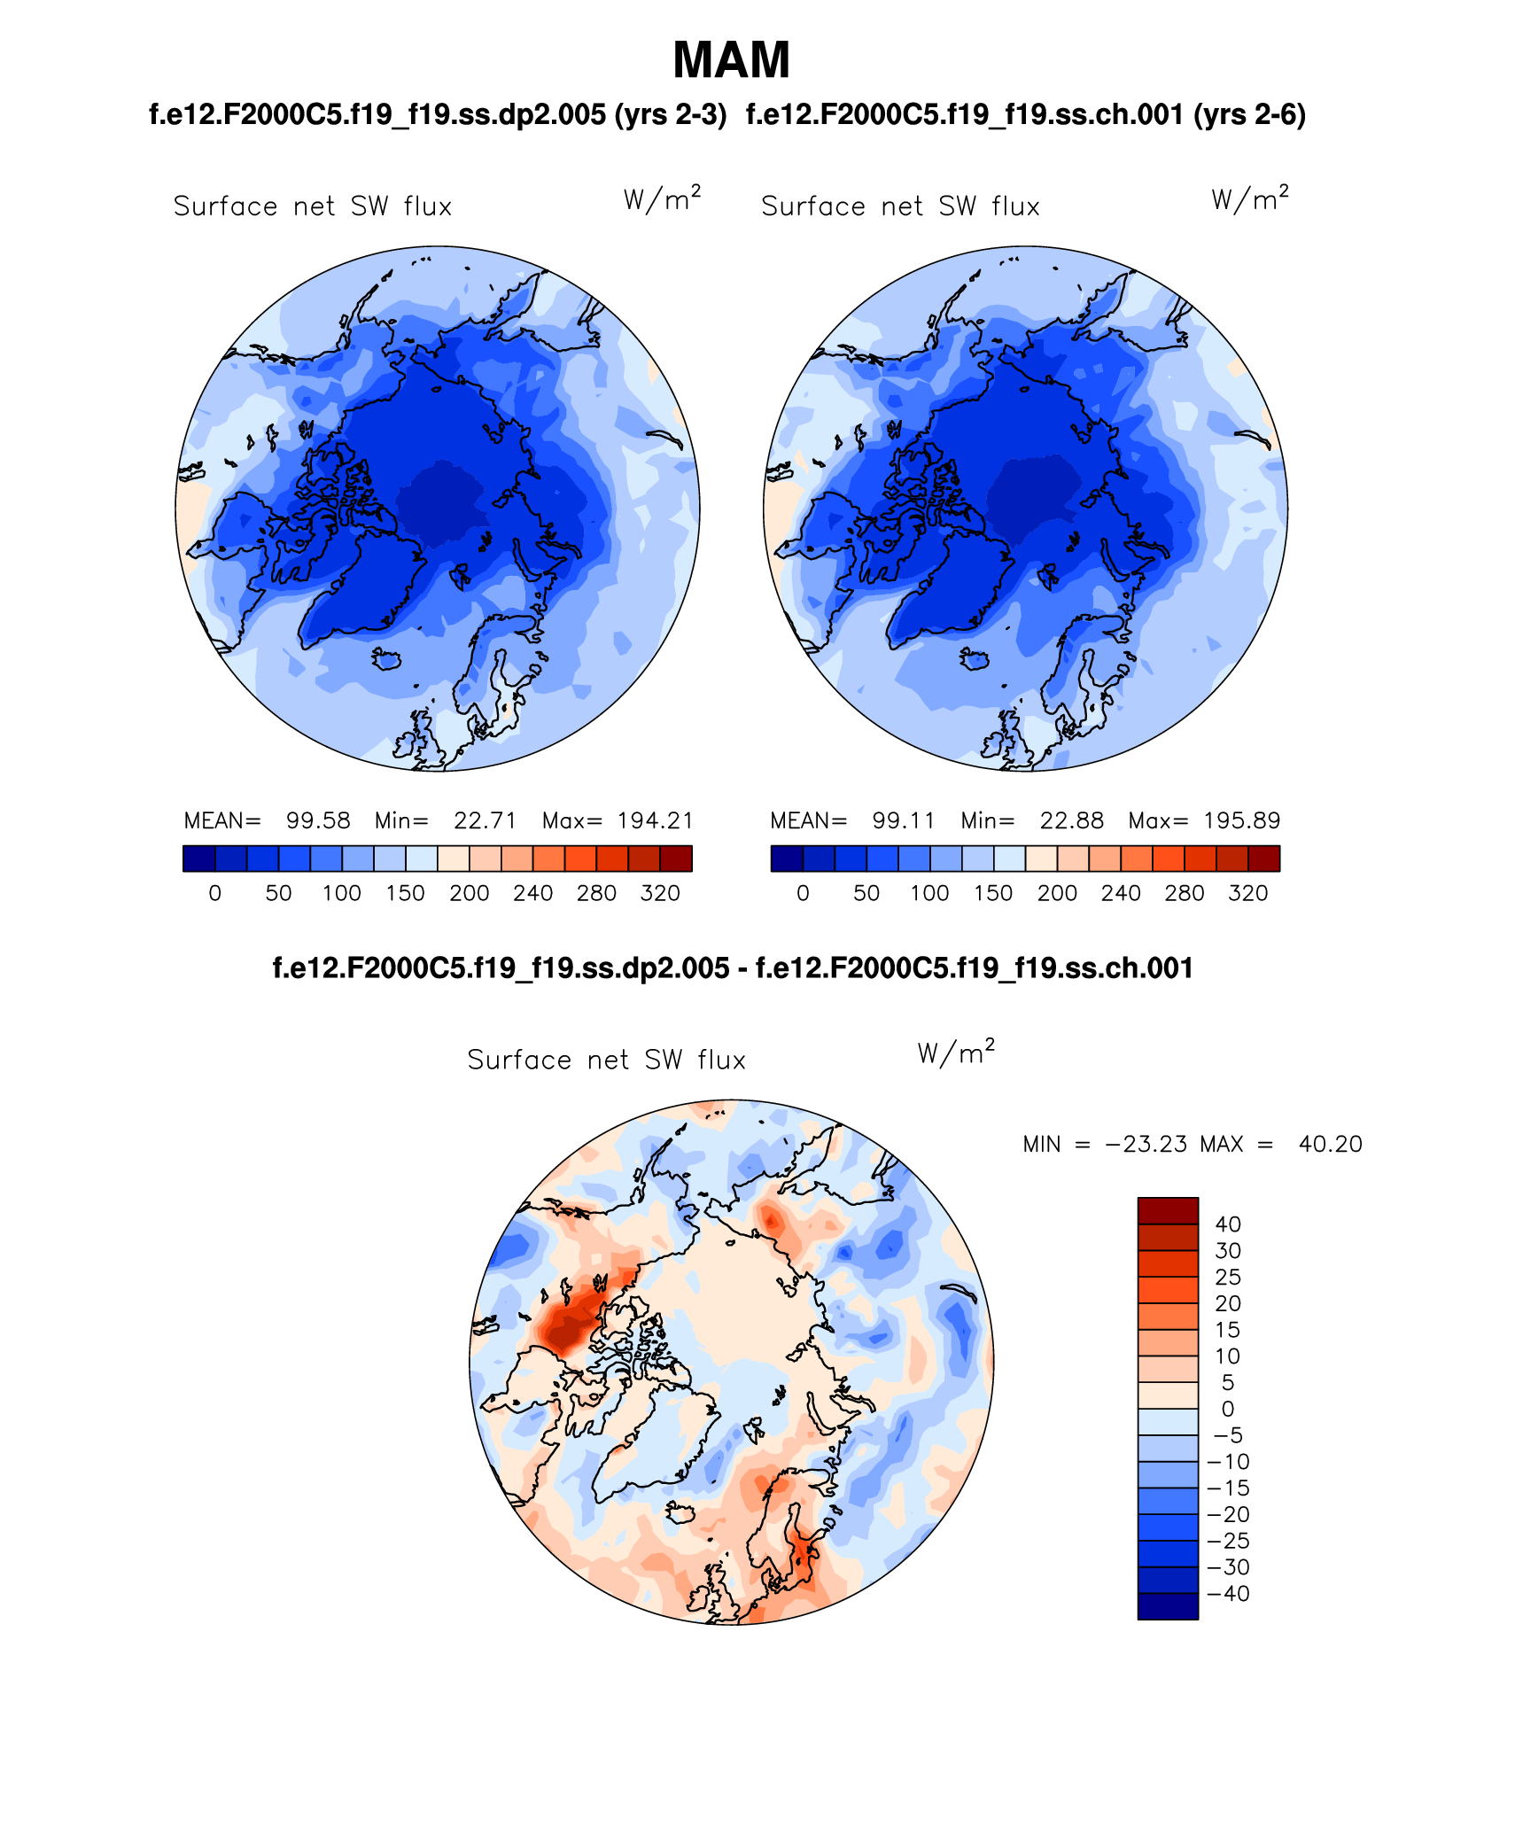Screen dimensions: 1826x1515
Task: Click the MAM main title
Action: click(731, 60)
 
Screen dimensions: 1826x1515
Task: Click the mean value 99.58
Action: click(317, 820)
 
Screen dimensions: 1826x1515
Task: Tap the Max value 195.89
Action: click(1241, 820)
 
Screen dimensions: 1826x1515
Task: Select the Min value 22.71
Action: click(485, 820)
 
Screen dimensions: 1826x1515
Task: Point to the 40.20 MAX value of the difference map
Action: click(1330, 1144)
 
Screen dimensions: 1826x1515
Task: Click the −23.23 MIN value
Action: click(1146, 1144)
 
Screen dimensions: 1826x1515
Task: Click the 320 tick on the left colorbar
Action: click(660, 893)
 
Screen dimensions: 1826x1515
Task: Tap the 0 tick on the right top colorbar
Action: click(803, 893)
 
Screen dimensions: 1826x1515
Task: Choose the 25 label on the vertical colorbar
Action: click(1228, 1277)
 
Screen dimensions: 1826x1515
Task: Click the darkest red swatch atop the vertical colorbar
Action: click(1168, 1210)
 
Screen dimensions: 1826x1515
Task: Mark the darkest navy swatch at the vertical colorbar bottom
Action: click(1168, 1606)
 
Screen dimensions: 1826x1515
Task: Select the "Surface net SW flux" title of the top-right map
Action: click(900, 206)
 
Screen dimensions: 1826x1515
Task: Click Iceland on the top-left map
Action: click(386, 659)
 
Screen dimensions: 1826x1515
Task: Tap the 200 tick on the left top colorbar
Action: click(469, 893)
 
